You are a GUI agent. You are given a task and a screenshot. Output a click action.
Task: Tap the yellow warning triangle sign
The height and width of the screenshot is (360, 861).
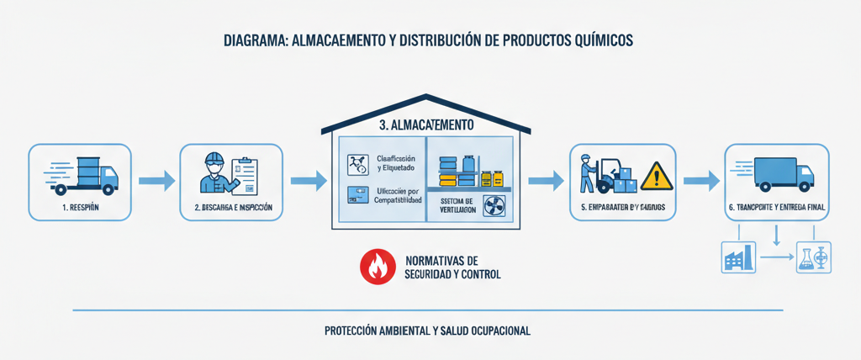point(657,177)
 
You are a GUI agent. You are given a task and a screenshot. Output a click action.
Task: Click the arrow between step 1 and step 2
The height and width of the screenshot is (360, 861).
point(156,180)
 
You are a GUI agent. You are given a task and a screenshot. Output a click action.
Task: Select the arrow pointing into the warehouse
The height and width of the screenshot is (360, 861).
point(308,180)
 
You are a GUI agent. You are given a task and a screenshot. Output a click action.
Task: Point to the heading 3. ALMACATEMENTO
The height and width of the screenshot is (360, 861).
point(426,124)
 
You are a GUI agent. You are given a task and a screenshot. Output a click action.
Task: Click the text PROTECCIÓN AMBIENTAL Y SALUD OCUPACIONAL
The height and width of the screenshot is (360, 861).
point(427,331)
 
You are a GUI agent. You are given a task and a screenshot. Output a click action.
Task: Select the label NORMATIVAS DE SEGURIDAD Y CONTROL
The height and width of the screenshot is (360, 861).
point(452,267)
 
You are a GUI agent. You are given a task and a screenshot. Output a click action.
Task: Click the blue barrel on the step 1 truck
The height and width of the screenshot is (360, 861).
point(86,167)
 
